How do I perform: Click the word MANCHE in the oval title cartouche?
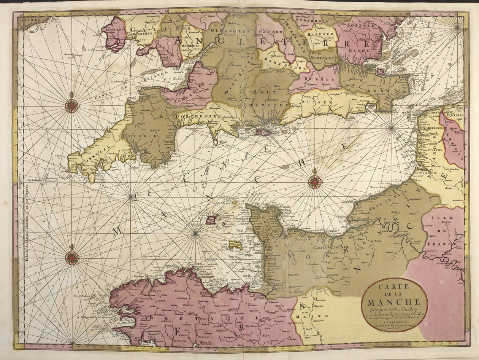(394, 303)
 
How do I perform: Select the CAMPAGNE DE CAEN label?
(330, 247)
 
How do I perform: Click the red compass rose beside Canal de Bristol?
(71, 105)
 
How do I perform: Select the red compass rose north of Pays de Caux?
(315, 182)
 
